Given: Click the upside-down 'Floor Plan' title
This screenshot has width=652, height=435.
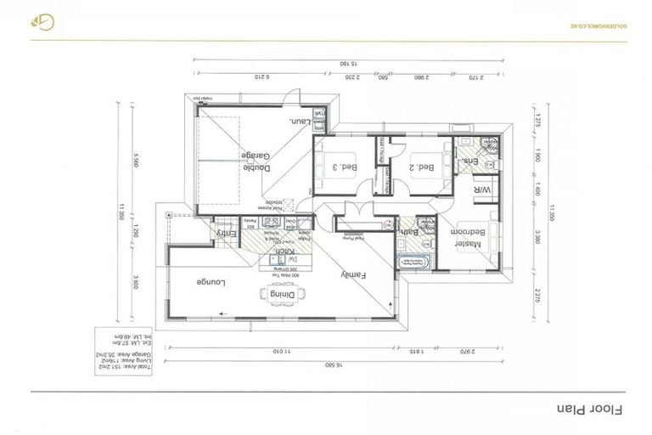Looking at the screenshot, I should [x=589, y=408].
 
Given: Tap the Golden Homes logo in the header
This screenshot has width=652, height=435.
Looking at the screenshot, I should [x=41, y=22].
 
